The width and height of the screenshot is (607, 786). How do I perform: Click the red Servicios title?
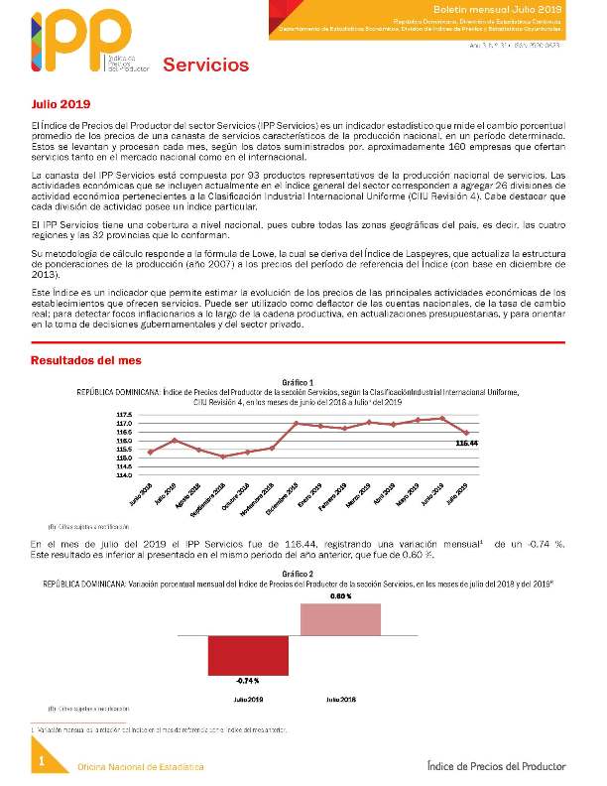205,65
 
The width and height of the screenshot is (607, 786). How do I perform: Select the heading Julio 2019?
61,103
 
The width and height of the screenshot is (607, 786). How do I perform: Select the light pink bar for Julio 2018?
340,618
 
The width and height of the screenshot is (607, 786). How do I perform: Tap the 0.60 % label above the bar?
341,595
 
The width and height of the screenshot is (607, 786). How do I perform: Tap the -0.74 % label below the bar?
248,681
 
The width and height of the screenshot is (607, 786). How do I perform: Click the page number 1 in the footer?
42,760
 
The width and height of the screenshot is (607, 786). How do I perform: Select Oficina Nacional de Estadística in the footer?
140,767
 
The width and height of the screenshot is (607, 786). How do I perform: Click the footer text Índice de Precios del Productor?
496,766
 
